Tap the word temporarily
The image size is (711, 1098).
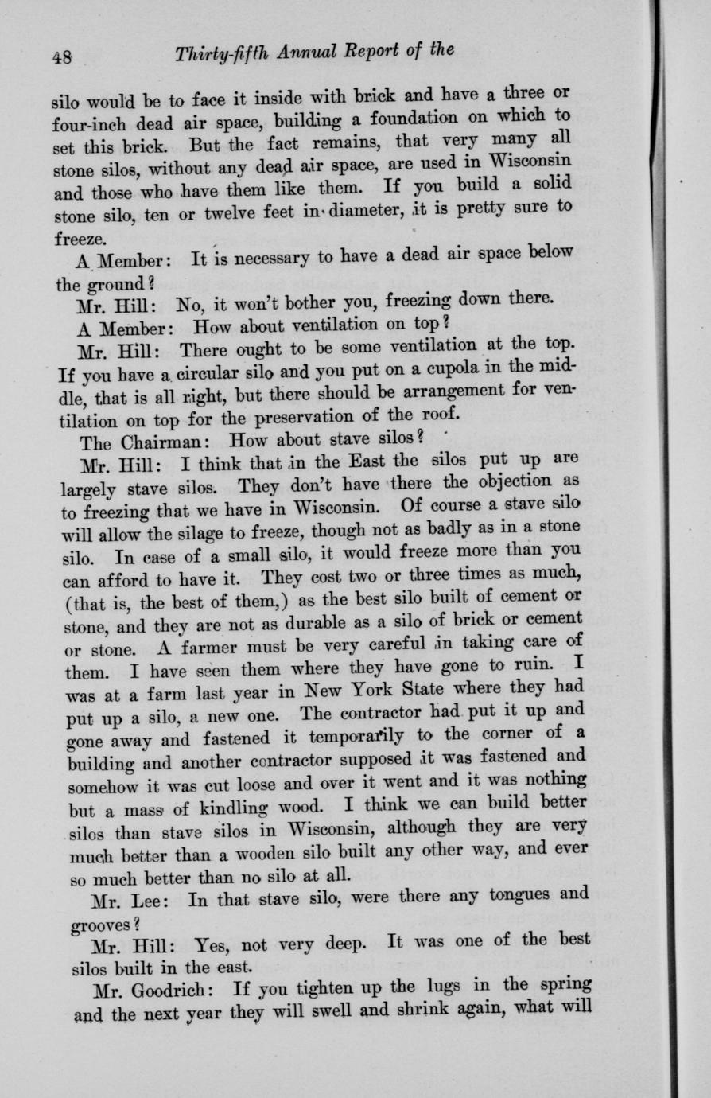pyautogui.click(x=367, y=734)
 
